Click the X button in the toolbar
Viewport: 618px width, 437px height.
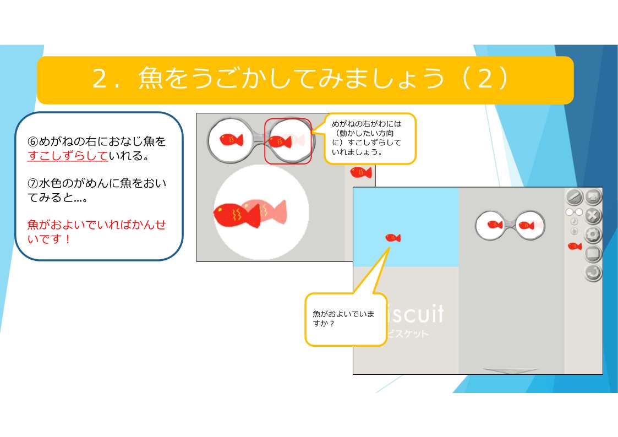(593, 216)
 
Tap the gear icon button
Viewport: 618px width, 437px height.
(593, 234)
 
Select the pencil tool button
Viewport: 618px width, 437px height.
(575, 196)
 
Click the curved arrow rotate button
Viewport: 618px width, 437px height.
(593, 272)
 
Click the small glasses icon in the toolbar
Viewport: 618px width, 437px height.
(575, 212)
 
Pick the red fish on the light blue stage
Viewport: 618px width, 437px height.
(393, 238)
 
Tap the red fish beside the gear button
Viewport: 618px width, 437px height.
(575, 246)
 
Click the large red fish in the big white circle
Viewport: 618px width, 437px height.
(237, 215)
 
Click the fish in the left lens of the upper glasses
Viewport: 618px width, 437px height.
(231, 139)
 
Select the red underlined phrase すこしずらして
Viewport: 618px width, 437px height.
(68, 156)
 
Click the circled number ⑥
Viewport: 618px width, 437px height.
(32, 141)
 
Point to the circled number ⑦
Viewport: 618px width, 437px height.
(32, 183)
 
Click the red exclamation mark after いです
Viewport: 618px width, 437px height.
(68, 239)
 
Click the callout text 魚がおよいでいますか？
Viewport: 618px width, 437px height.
(343, 318)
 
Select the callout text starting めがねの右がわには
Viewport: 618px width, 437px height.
(367, 138)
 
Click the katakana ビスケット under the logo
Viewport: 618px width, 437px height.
(408, 334)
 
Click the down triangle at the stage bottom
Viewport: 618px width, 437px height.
(511, 371)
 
